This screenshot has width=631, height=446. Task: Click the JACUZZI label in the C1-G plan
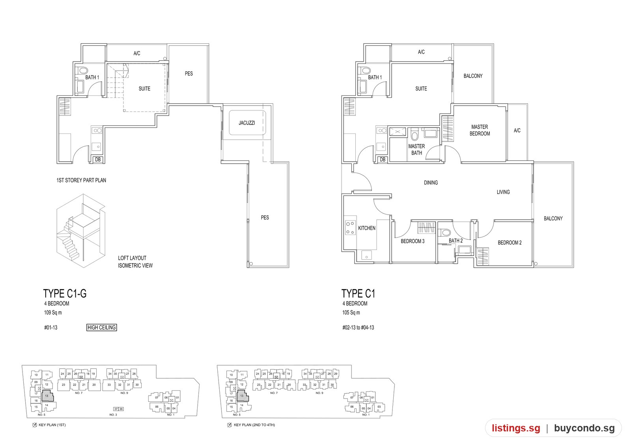[x=247, y=123]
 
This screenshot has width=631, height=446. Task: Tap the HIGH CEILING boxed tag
[x=101, y=327]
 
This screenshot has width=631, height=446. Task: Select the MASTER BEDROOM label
[x=480, y=130]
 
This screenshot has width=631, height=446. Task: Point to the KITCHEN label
[x=366, y=228]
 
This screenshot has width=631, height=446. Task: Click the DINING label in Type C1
[x=431, y=183]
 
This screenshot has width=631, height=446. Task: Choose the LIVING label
[x=503, y=192]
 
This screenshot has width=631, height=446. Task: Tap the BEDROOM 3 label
[x=413, y=241]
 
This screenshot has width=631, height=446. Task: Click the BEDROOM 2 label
[x=510, y=243]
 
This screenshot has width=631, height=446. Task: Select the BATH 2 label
[x=456, y=241]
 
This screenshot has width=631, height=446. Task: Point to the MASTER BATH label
[x=416, y=149]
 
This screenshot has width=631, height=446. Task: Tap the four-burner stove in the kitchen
[x=350, y=228]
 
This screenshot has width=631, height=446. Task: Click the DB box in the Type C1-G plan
[x=98, y=159]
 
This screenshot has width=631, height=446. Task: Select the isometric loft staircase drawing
[x=81, y=230]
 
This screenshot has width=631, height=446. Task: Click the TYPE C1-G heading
[x=65, y=293]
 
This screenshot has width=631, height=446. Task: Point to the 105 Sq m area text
[x=351, y=312]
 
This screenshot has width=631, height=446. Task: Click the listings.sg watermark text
[x=516, y=428]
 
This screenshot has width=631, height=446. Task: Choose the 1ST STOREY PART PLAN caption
[x=81, y=180]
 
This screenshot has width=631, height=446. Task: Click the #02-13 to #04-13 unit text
[x=358, y=327]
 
